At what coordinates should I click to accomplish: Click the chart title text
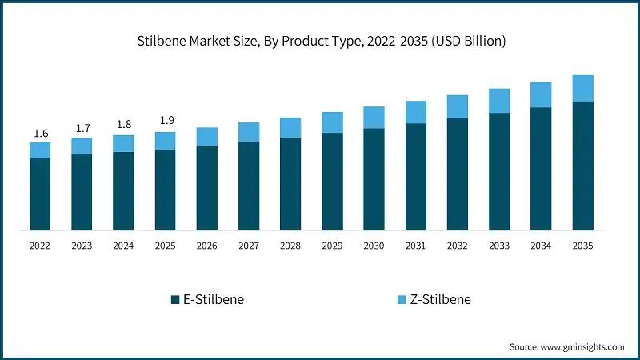point(320,41)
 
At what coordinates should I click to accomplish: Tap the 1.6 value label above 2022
point(40,134)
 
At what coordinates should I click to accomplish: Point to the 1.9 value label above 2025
point(165,121)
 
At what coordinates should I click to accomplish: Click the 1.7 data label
point(82,128)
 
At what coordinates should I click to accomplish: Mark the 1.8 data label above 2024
point(123,125)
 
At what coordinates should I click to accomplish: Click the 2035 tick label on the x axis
point(582,246)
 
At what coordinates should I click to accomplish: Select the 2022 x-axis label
point(40,246)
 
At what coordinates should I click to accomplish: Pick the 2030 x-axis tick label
point(374,246)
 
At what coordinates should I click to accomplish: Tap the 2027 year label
point(249,246)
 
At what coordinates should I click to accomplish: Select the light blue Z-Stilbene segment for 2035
point(582,88)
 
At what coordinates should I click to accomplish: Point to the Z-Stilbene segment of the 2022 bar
point(40,150)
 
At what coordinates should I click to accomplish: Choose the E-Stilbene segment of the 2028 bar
point(290,184)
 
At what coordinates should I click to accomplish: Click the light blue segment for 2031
point(415,112)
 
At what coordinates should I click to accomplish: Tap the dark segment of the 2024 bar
point(123,191)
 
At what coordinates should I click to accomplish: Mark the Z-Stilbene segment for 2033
point(499,101)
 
